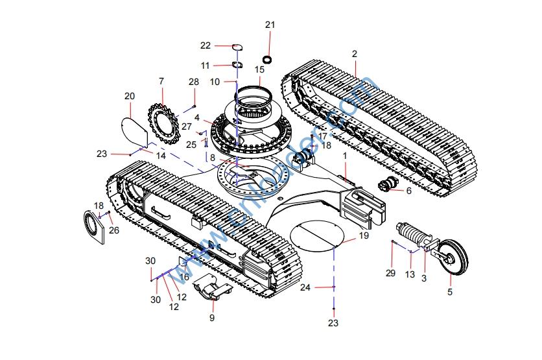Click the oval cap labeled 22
237,46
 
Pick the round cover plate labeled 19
318,235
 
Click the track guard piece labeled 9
213,289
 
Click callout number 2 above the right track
355,53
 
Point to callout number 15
259,69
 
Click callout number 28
194,82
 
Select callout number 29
390,273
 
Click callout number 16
184,277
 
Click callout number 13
410,274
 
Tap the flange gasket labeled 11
237,66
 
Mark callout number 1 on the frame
345,156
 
